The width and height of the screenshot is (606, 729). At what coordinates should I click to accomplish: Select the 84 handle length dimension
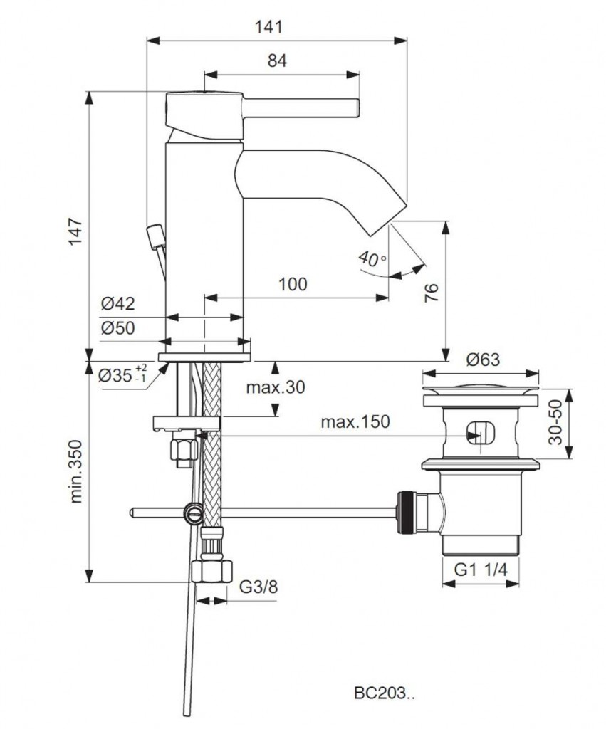278,61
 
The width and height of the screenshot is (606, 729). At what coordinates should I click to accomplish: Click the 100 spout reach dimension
293,285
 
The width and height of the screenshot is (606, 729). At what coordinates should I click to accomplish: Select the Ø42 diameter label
117,305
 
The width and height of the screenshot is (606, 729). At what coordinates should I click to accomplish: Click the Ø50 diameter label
117,328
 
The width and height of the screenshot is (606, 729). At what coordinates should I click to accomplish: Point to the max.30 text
275,387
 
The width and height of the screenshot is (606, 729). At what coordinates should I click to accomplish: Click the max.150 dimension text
355,421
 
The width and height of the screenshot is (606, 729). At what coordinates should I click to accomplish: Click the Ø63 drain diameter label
483,360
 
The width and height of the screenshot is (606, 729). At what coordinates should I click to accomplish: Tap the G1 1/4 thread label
481,570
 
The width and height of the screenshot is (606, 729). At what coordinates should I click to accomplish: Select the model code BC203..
382,691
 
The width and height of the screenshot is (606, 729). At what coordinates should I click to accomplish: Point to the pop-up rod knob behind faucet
152,234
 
